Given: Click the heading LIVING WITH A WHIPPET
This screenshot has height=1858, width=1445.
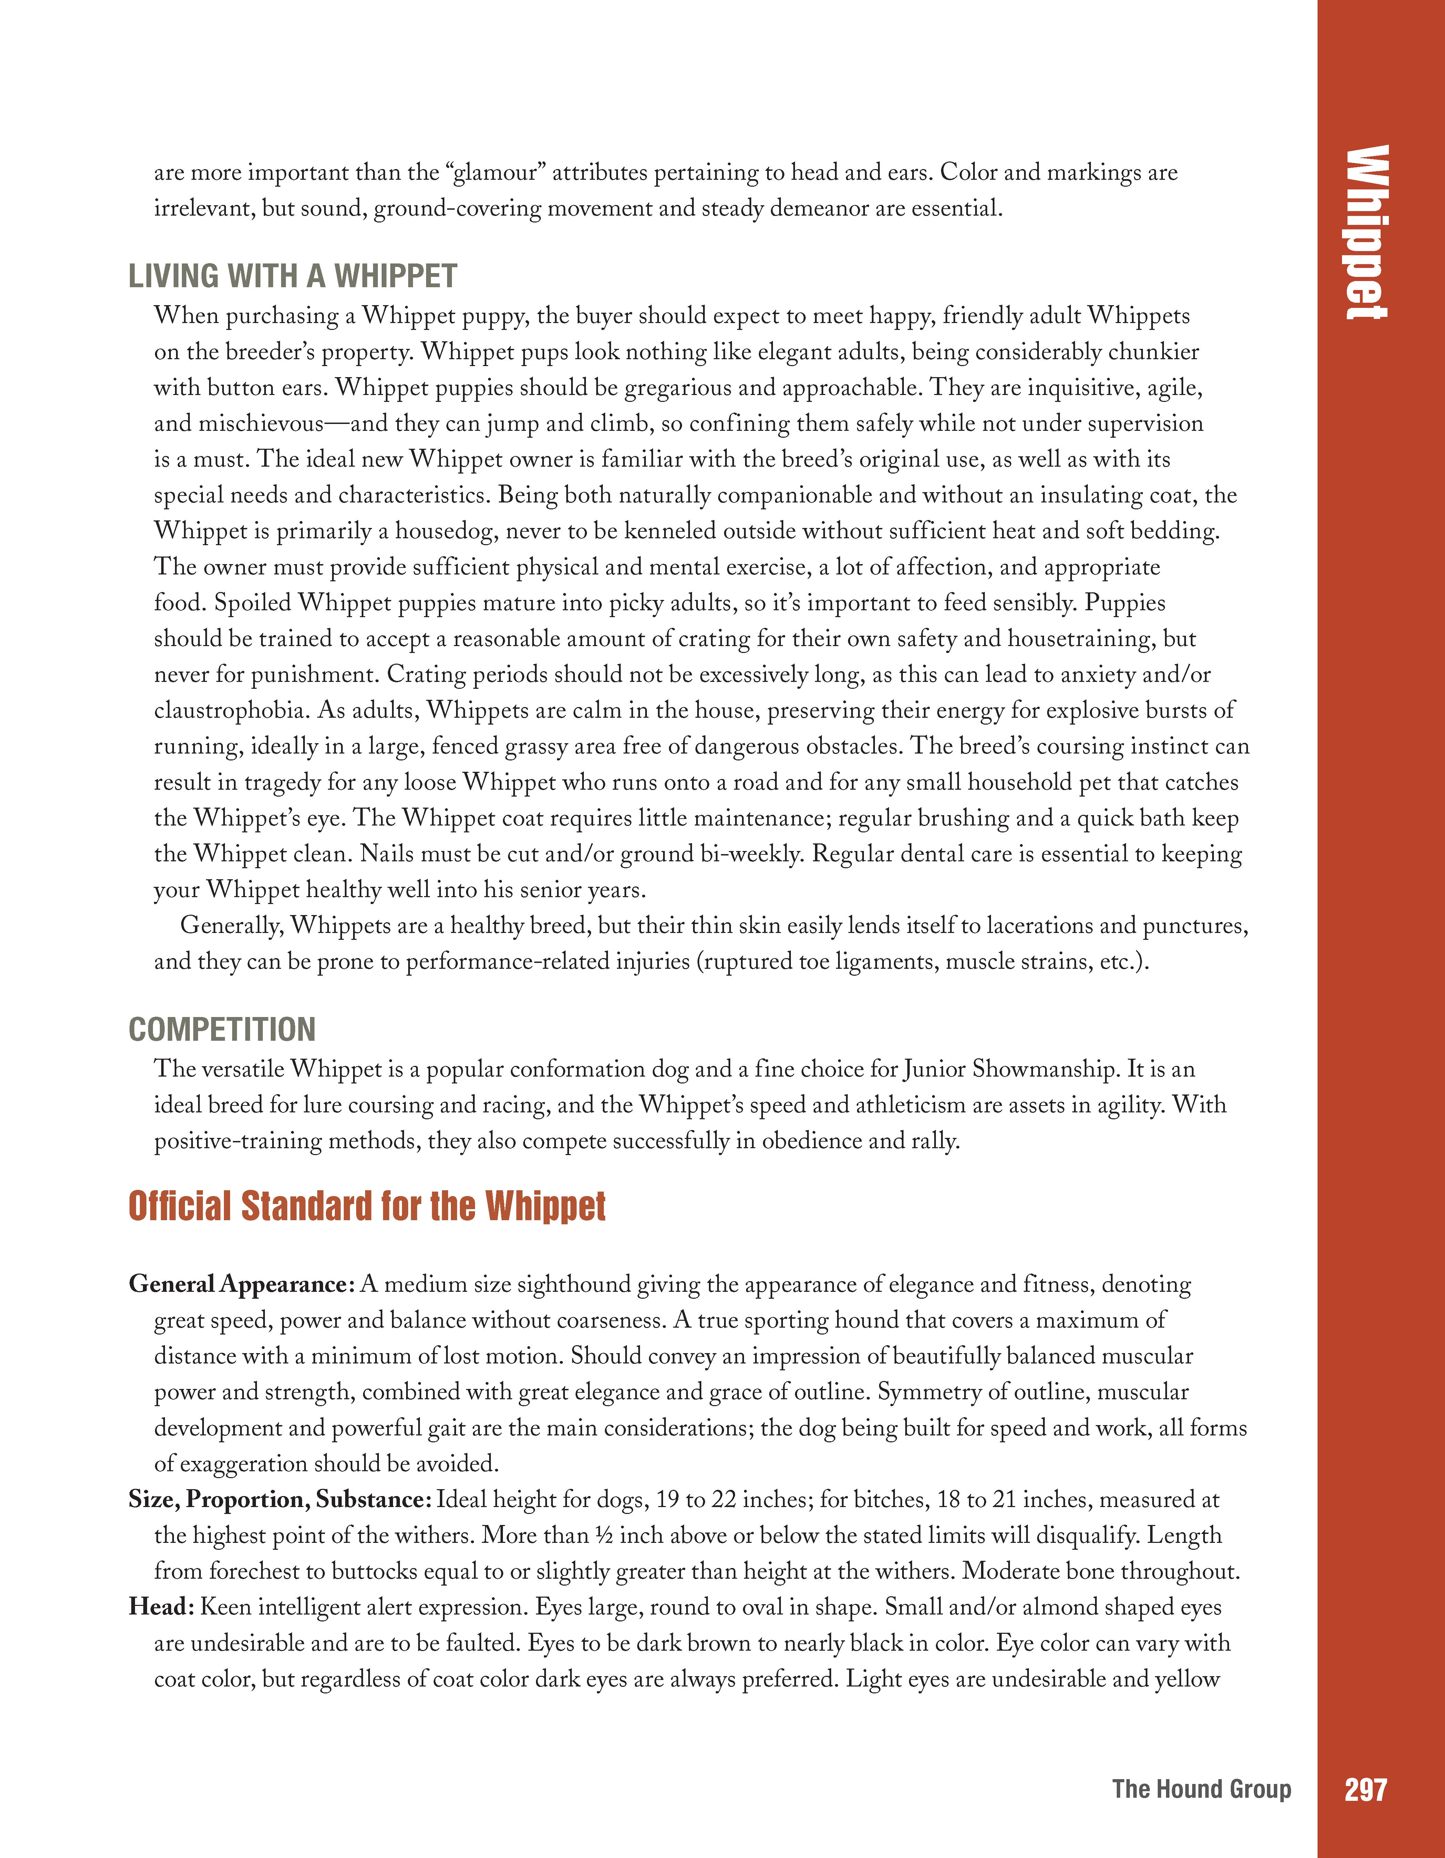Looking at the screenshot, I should (293, 277).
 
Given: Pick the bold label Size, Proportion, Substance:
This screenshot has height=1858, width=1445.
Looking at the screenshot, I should (281, 1499).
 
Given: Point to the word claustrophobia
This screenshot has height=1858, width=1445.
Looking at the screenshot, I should (232, 710).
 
